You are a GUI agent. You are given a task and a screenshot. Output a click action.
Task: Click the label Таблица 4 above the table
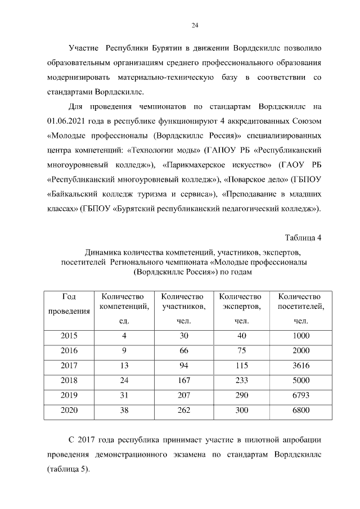coord(303,237)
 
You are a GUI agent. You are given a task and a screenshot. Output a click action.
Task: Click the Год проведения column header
coord(69,304)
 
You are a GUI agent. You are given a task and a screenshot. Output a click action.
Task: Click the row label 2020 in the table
coord(69,410)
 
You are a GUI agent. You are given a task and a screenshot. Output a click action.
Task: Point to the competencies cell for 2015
coord(124,336)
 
